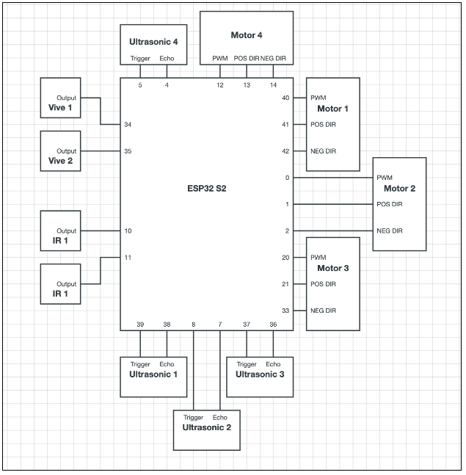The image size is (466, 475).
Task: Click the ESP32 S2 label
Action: click(x=206, y=189)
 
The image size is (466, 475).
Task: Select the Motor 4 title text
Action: click(x=247, y=35)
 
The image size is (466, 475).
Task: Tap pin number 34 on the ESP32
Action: click(x=128, y=124)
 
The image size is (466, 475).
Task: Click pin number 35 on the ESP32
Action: click(x=128, y=151)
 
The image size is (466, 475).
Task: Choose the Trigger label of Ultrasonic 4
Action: click(x=140, y=58)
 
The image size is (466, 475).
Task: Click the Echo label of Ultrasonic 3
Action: click(x=273, y=364)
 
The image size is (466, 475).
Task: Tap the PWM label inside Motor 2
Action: click(x=385, y=178)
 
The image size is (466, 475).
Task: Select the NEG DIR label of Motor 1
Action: click(x=323, y=151)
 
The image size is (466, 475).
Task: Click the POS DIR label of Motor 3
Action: click(x=323, y=284)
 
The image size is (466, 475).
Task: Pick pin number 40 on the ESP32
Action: click(x=285, y=98)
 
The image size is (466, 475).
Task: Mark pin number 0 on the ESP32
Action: click(x=287, y=178)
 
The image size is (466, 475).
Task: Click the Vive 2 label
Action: click(x=61, y=162)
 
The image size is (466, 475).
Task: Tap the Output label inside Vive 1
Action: click(x=66, y=98)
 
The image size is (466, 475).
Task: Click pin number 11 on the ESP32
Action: click(x=128, y=258)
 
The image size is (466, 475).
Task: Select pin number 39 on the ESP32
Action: click(x=140, y=324)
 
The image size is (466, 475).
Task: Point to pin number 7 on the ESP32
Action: click(x=219, y=324)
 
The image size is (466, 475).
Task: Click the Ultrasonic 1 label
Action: click(x=153, y=374)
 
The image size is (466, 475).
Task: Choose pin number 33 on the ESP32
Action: click(x=285, y=311)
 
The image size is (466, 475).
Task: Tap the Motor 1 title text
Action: click(x=332, y=109)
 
